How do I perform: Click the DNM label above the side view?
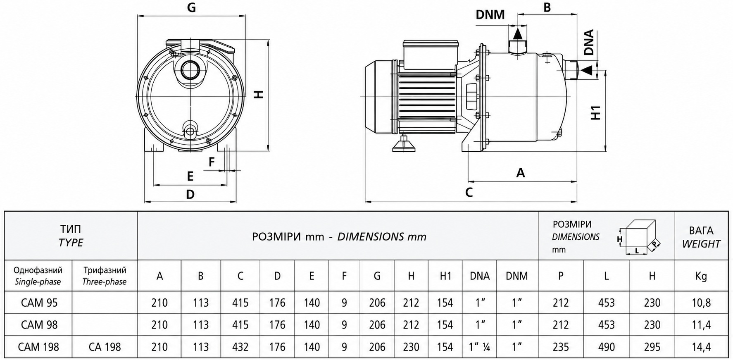click(490, 15)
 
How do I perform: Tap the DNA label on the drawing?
click(589, 43)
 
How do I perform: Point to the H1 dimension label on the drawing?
click(596, 113)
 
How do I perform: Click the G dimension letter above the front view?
click(191, 8)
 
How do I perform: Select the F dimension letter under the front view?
click(212, 162)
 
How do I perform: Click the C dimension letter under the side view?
click(469, 193)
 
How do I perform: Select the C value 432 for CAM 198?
click(240, 347)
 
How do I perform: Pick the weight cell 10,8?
click(701, 303)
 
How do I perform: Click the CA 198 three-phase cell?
click(105, 347)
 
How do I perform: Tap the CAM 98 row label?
click(39, 325)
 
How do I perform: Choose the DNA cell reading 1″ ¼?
click(479, 347)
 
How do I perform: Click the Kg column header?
click(701, 276)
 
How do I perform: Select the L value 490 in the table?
click(606, 347)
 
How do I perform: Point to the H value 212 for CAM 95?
click(411, 303)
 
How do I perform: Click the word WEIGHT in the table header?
click(701, 244)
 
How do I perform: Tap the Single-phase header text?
click(38, 282)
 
